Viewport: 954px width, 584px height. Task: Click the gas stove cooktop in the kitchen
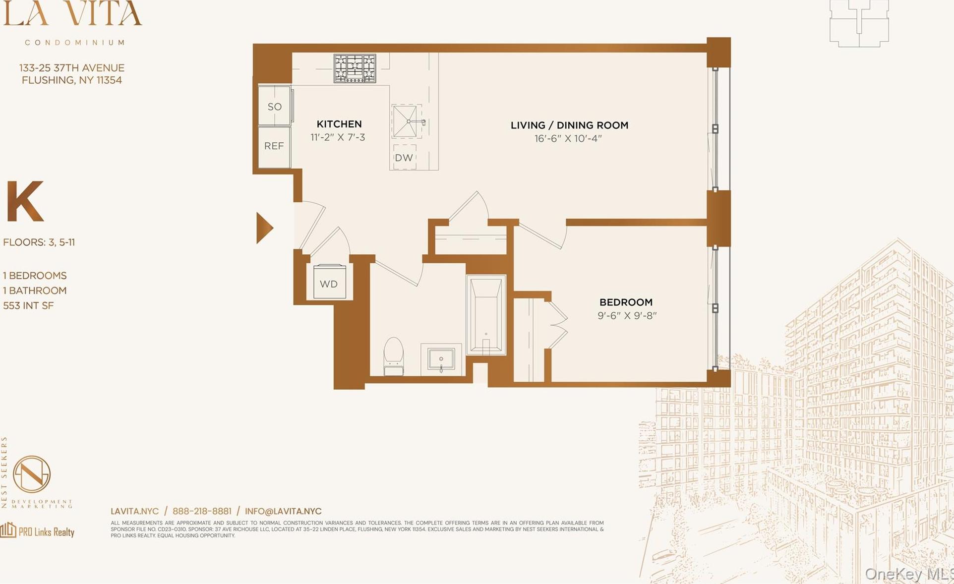point(355,68)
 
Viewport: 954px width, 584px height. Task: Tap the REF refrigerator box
point(274,146)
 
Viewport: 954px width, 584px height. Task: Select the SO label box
point(274,106)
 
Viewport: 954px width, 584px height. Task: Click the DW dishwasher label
point(404,158)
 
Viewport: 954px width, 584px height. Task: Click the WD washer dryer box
point(329,283)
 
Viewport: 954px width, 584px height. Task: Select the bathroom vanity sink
point(441,359)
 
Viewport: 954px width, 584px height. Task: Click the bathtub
point(486,315)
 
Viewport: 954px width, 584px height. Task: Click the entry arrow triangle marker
point(263,228)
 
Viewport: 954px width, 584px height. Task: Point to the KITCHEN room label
point(339,124)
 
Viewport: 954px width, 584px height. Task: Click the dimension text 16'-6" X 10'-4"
point(568,139)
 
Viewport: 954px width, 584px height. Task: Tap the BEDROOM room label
point(626,302)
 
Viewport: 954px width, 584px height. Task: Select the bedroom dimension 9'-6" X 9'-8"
point(627,316)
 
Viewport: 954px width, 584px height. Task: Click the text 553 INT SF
point(28,306)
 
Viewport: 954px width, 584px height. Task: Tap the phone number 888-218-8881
point(202,511)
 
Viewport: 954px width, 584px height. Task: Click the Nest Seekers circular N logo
point(32,474)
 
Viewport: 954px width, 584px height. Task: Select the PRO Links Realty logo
point(37,531)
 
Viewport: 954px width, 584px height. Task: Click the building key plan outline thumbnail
point(859,23)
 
